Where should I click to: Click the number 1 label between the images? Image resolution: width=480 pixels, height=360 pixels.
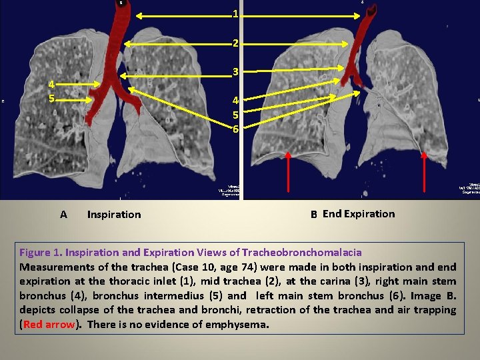pos(235,14)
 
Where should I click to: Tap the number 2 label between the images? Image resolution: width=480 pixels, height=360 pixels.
pos(235,43)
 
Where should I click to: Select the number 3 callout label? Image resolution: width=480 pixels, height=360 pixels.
pos(235,72)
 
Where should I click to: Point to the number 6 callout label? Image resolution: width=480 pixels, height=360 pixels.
pos(235,129)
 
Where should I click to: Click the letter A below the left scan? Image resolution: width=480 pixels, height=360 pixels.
pos(63,215)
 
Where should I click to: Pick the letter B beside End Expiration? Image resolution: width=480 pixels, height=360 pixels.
pos(313,215)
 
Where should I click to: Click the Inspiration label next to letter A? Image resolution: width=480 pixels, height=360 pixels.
pos(114,215)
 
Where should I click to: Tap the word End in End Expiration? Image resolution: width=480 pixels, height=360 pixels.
pos(332,214)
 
